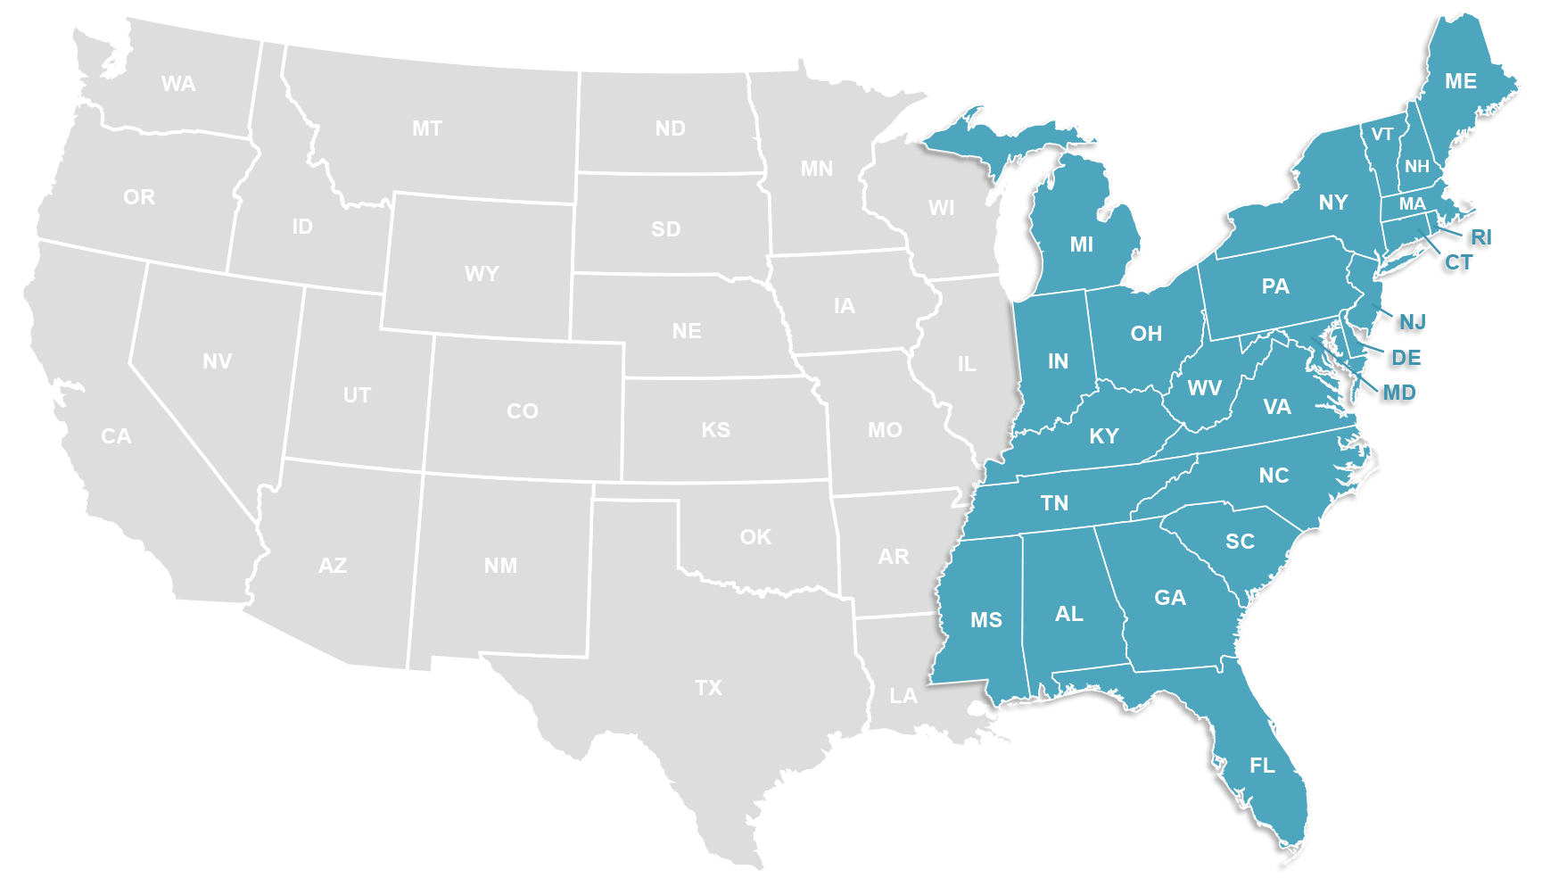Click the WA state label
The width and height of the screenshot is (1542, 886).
[178, 84]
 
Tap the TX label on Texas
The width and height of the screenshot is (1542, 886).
[709, 688]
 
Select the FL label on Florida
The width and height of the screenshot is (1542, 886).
[1262, 766]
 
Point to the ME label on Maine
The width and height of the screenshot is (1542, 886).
[1461, 81]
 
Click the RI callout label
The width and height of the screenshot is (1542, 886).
[1480, 238]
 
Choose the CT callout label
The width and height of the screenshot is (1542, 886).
[1458, 263]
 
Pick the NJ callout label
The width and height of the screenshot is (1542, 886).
[1412, 322]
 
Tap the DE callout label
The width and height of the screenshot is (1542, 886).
[1406, 359]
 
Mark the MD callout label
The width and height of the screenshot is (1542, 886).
[1398, 393]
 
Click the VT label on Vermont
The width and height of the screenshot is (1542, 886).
[1382, 135]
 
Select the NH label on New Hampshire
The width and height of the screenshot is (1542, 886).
[1416, 167]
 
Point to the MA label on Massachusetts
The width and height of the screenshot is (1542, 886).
[1412, 204]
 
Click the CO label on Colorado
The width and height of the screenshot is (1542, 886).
[523, 411]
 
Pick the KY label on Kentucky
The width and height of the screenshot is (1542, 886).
[1104, 436]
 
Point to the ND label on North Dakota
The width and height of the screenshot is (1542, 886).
[671, 128]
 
